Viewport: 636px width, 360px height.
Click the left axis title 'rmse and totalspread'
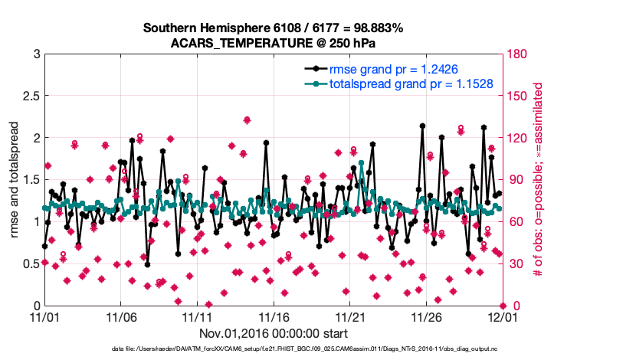(15, 180)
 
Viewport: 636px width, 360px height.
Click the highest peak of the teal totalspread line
(361, 162)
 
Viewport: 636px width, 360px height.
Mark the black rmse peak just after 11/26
(422, 125)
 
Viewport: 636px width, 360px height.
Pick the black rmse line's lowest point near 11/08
(147, 264)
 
